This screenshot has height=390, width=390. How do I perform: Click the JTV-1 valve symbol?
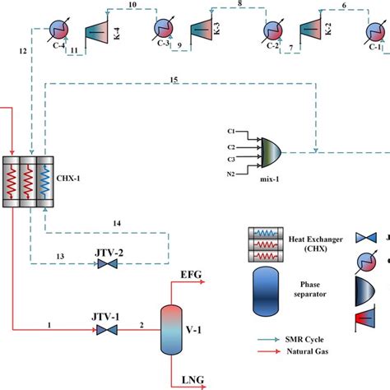pos(105,329)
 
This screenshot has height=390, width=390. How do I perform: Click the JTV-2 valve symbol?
pos(106,264)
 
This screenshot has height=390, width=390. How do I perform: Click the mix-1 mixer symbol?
pos(271,151)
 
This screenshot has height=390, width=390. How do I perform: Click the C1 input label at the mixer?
pos(232,132)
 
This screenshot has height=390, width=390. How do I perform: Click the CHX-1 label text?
pos(69,176)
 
